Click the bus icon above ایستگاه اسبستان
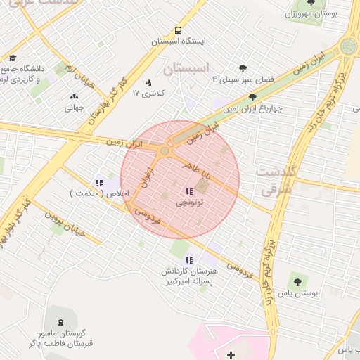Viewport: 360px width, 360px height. point(178,31)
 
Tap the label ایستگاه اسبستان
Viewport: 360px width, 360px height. point(179,41)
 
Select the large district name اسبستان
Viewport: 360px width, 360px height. point(186,69)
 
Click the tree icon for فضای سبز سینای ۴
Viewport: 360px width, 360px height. point(243,68)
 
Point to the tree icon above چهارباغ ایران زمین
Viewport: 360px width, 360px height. point(253,98)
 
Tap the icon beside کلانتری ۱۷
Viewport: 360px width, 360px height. point(148,82)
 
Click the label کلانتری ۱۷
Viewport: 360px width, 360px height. point(146,93)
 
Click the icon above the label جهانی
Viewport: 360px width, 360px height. point(75,97)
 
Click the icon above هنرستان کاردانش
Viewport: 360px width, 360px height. point(189,260)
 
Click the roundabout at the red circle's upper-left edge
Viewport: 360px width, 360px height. point(165,150)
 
